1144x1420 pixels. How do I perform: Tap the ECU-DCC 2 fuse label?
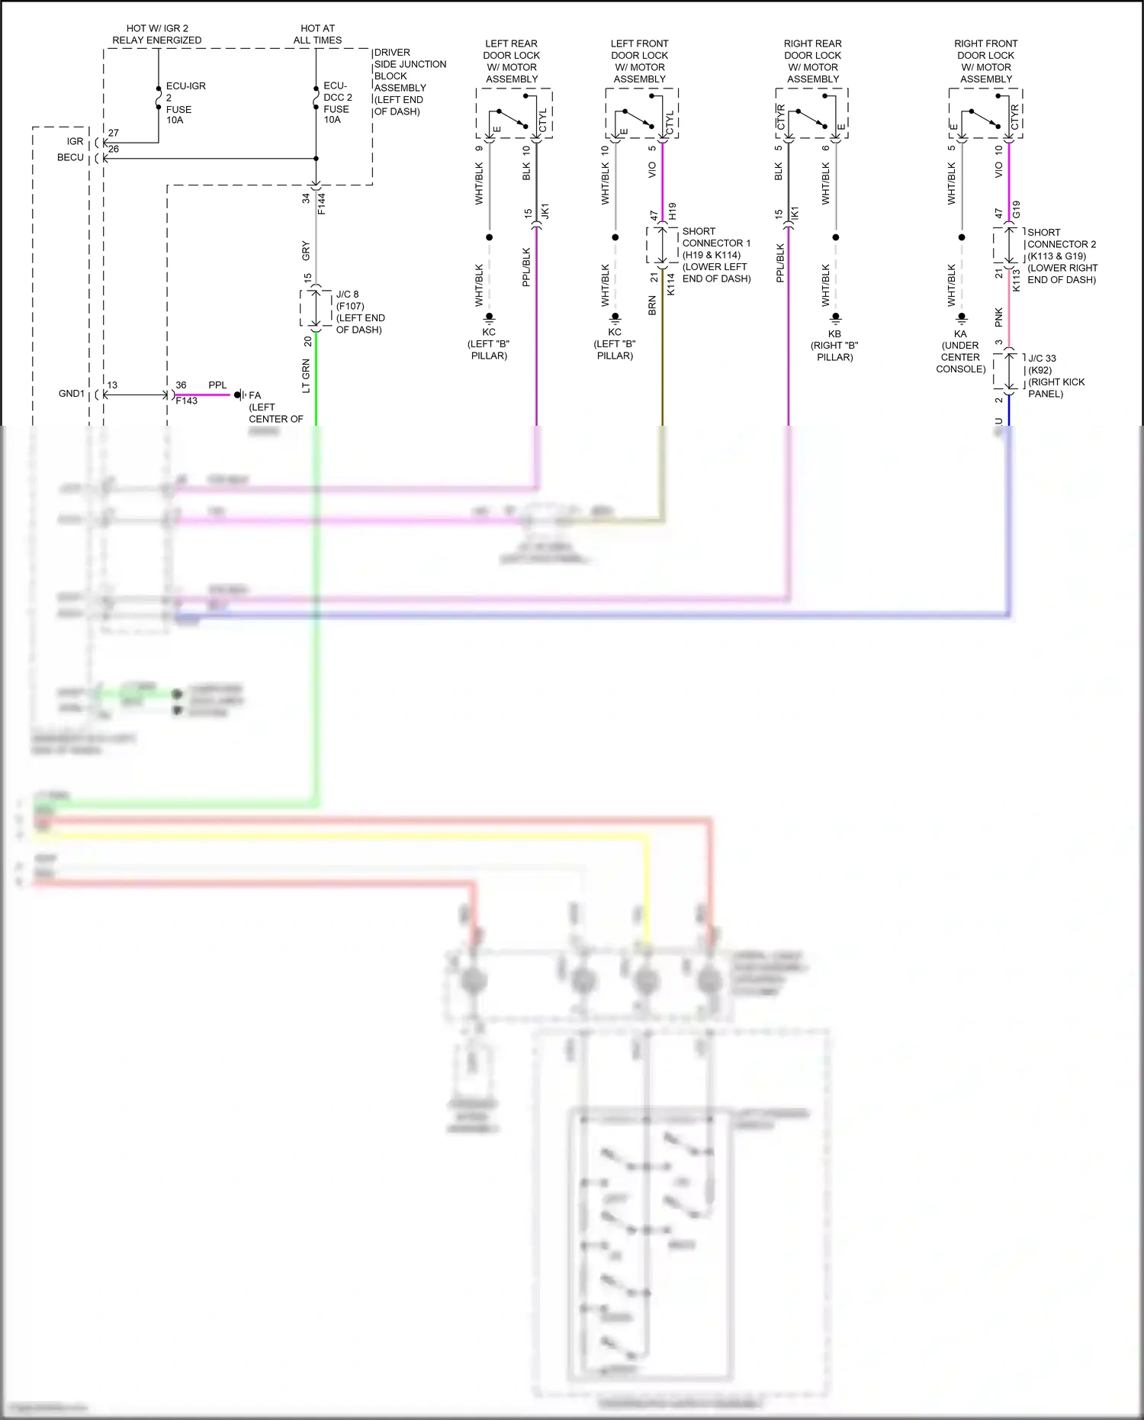point(337,103)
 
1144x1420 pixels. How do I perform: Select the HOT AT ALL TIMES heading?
point(317,34)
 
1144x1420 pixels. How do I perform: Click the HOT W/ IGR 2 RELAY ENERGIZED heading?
point(157,34)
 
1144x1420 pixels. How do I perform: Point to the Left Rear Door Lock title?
point(512,61)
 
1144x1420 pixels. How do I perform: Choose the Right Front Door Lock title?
point(985,61)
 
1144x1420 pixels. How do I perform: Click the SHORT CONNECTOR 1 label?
point(715,255)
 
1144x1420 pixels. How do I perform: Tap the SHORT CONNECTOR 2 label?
point(1061,256)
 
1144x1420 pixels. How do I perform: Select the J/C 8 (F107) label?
point(359,311)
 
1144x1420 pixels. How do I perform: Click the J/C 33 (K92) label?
point(1056,375)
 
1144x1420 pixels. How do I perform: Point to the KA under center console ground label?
point(960,351)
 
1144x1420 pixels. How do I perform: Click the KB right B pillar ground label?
point(834,345)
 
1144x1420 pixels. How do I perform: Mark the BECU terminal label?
point(70,158)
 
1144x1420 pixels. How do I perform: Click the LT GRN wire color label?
point(307,375)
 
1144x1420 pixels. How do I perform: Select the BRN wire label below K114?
point(652,305)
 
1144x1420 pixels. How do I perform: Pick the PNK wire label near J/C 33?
point(999,317)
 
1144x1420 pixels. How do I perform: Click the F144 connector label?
point(322,203)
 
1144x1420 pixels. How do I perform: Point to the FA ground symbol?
point(239,395)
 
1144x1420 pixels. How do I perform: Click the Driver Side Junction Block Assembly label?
point(409,82)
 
